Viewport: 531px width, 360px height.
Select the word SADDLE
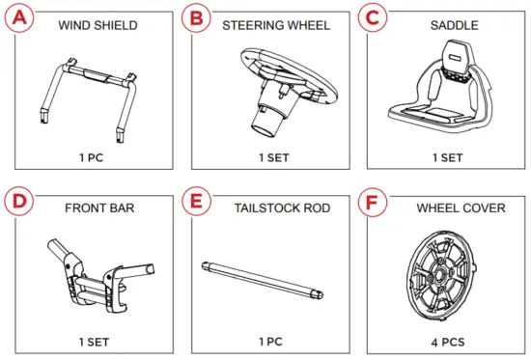coord(449,25)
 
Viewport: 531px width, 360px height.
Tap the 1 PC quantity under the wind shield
coord(91,155)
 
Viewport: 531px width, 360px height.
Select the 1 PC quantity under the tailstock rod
coord(271,341)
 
